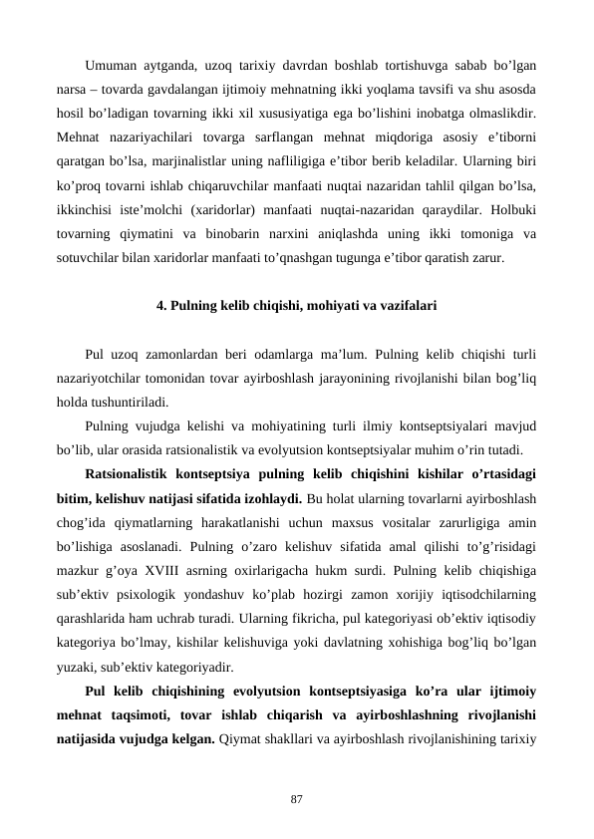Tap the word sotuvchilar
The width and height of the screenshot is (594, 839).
click(87, 259)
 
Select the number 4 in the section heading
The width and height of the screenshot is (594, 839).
click(161, 306)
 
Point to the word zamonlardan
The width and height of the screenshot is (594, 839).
click(175, 355)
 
